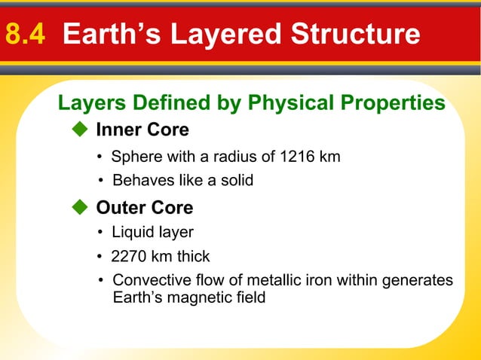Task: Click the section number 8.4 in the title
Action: pyautogui.click(x=29, y=34)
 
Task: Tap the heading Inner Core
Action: pyautogui.click(x=142, y=130)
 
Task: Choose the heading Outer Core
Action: pyautogui.click(x=144, y=207)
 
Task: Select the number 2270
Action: pyautogui.click(x=129, y=257)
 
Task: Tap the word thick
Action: pyautogui.click(x=193, y=257)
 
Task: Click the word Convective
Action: pyautogui.click(x=148, y=281)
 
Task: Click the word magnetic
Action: pyautogui.click(x=195, y=297)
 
